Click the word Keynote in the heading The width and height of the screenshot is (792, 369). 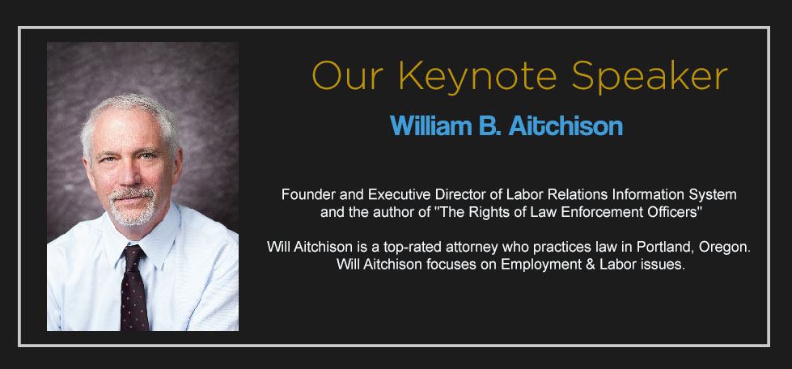point(477,77)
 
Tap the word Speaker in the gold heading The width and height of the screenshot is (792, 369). point(650,77)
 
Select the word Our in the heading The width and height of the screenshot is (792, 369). point(348,75)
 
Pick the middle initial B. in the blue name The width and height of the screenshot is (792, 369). point(489,125)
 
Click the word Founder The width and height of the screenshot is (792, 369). point(304,194)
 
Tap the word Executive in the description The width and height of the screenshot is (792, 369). point(389,194)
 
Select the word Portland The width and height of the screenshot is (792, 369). point(659,247)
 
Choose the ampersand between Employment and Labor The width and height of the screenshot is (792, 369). point(588,265)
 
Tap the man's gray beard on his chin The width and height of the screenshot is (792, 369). point(132,212)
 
